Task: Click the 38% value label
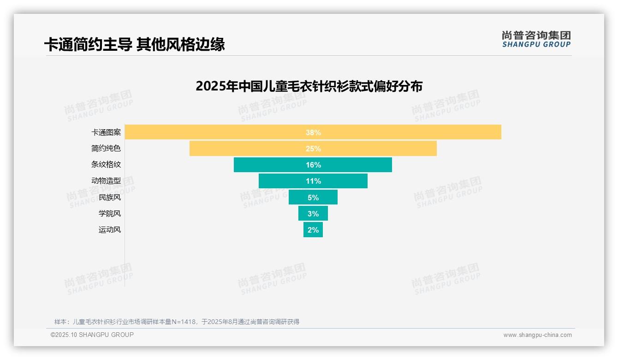pyautogui.click(x=313, y=132)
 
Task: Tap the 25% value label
pyautogui.click(x=313, y=149)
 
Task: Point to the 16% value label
pyautogui.click(x=313, y=165)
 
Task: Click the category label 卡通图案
pyautogui.click(x=106, y=132)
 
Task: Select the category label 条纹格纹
pyautogui.click(x=106, y=165)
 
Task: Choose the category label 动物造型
pyautogui.click(x=106, y=181)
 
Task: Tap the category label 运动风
pyautogui.click(x=110, y=230)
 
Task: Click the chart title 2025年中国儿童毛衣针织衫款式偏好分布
pyautogui.click(x=309, y=86)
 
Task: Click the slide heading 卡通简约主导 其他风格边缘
pyautogui.click(x=134, y=45)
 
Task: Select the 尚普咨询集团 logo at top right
pyautogui.click(x=536, y=39)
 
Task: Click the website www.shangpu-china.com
pyautogui.click(x=537, y=335)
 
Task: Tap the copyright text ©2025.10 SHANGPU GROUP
pyautogui.click(x=92, y=335)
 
